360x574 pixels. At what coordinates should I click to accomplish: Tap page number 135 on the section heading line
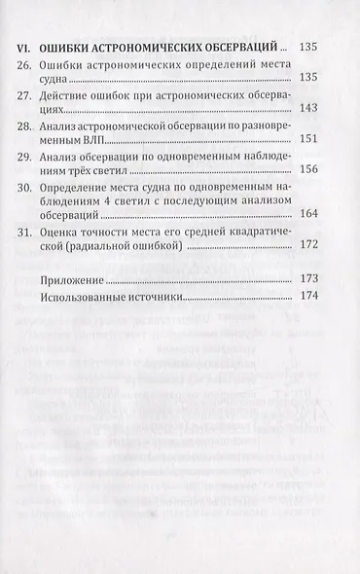tap(308, 46)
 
